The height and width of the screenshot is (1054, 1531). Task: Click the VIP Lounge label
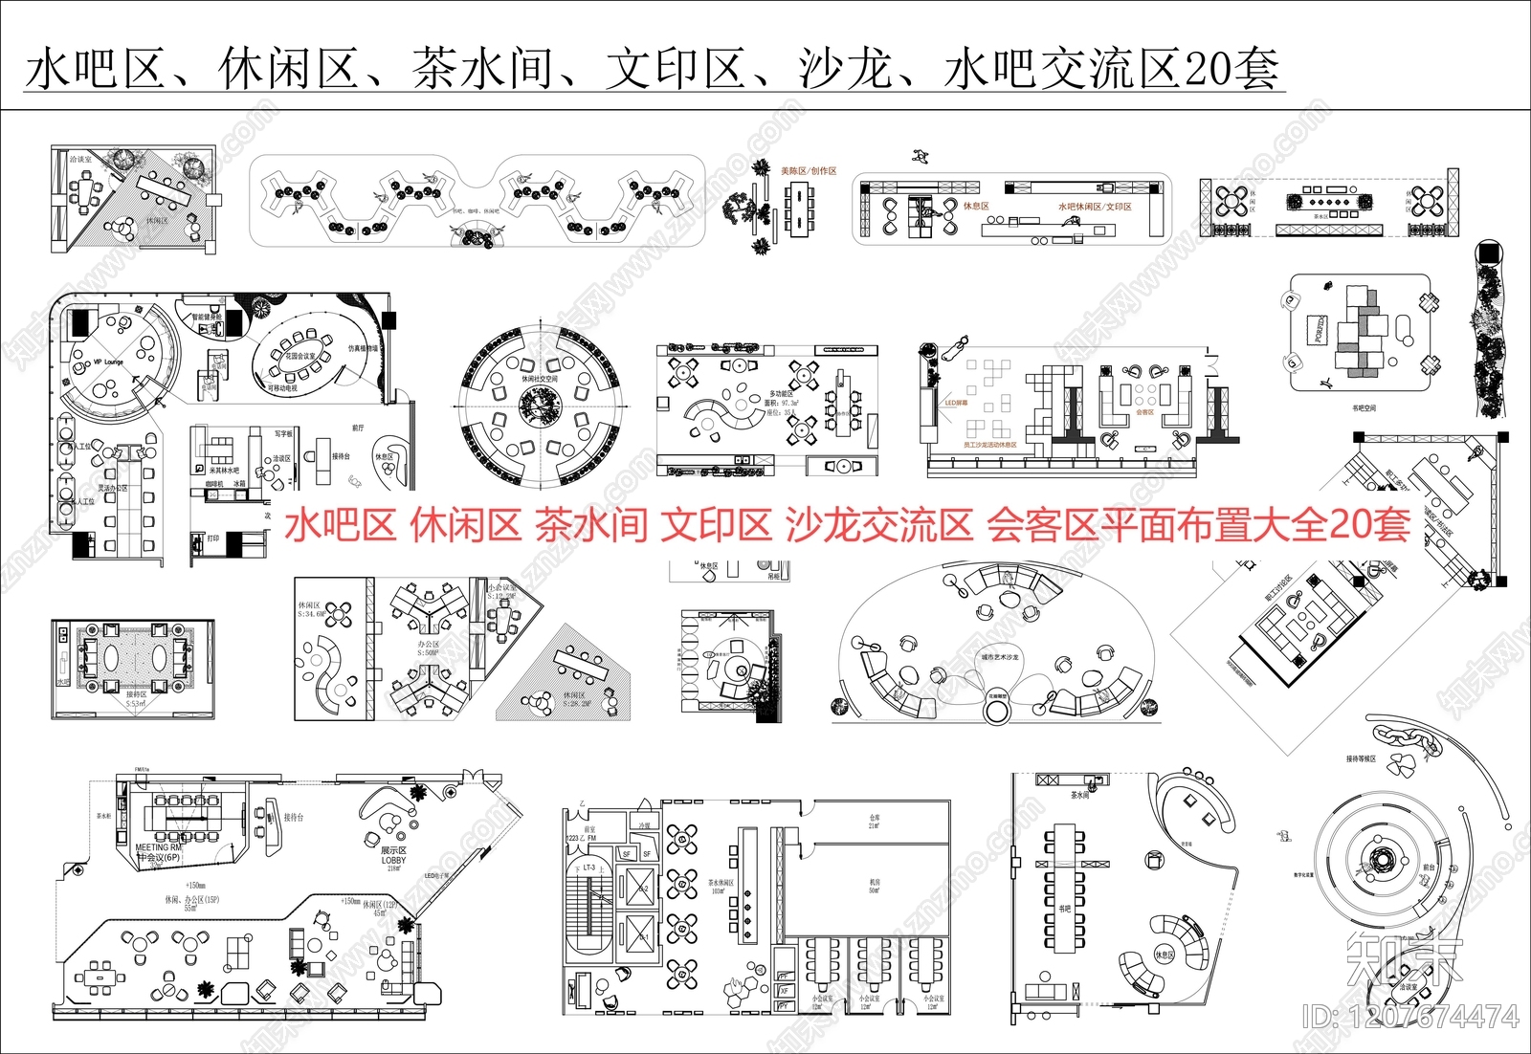click(108, 362)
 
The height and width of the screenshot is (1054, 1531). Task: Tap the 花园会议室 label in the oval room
click(300, 355)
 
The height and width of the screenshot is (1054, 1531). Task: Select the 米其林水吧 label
click(224, 471)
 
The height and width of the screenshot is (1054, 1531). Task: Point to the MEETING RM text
click(158, 847)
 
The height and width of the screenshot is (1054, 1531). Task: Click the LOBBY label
click(393, 860)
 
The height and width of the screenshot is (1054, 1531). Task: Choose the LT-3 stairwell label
click(589, 867)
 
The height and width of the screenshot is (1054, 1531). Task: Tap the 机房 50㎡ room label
click(874, 886)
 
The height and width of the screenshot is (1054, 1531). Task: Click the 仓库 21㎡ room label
click(874, 822)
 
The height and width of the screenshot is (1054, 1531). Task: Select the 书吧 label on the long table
click(1064, 909)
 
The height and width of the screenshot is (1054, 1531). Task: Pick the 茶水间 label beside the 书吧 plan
click(1079, 795)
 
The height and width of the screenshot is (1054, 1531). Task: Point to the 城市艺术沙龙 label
click(1000, 657)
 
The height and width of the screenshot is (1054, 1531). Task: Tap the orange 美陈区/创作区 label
click(809, 171)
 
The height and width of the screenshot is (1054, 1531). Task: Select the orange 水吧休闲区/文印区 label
click(1095, 207)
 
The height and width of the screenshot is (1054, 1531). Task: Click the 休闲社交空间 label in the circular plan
click(539, 379)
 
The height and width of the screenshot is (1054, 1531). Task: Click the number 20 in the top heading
click(1208, 69)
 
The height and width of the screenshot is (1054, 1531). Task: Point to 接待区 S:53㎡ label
click(136, 699)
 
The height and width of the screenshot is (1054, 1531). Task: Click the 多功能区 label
click(781, 393)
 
